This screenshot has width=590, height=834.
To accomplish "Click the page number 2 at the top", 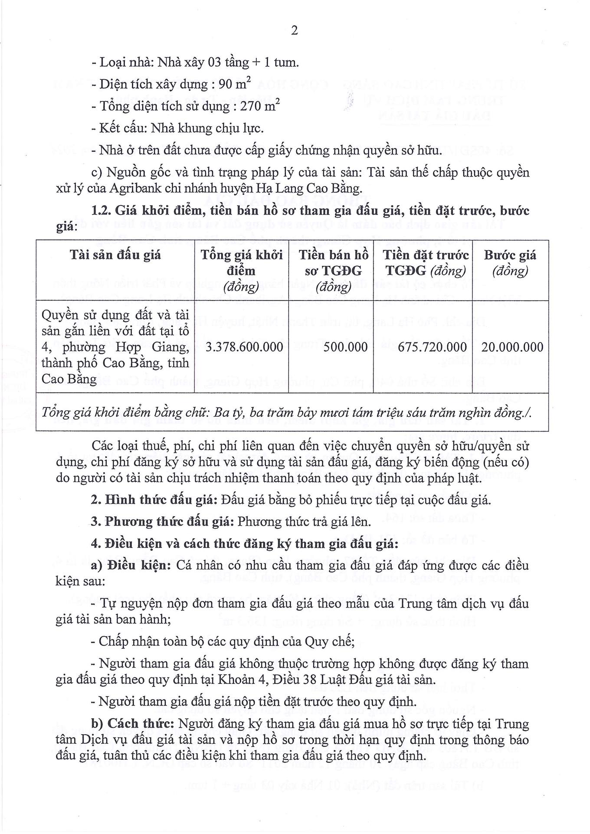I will click(x=295, y=31).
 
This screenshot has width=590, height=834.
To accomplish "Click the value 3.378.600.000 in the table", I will click(x=244, y=347).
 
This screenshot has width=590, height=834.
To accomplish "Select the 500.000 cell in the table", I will click(x=345, y=347).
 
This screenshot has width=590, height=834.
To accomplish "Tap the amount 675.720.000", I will click(x=426, y=347).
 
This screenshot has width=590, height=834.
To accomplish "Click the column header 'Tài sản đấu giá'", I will click(x=115, y=255).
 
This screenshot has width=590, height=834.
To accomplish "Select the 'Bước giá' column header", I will click(x=510, y=262).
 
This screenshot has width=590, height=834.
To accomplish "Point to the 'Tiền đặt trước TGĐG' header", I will click(x=426, y=262).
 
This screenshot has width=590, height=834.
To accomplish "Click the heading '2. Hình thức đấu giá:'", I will click(x=154, y=500).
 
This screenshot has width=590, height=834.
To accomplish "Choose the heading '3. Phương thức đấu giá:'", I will click(x=162, y=521).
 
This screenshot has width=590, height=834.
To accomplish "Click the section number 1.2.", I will click(x=102, y=211).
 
